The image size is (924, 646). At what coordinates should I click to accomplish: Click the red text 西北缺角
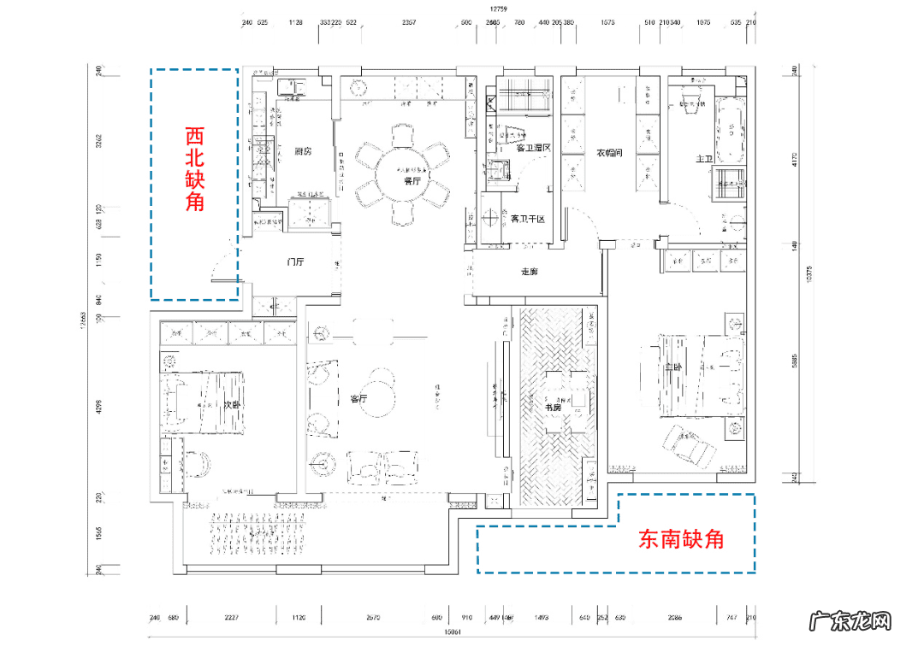tap(195, 169)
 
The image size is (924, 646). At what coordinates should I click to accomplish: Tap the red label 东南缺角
tap(681, 539)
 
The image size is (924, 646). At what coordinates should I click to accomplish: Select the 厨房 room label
tap(302, 151)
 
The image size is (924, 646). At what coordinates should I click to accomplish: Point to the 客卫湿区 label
tap(533, 147)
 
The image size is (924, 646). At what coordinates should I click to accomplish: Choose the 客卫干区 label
tap(528, 219)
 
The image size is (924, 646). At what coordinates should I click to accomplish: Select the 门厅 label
tap(297, 262)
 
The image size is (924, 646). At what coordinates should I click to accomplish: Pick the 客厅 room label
tap(358, 398)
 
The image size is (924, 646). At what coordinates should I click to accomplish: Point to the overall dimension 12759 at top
tap(499, 9)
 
